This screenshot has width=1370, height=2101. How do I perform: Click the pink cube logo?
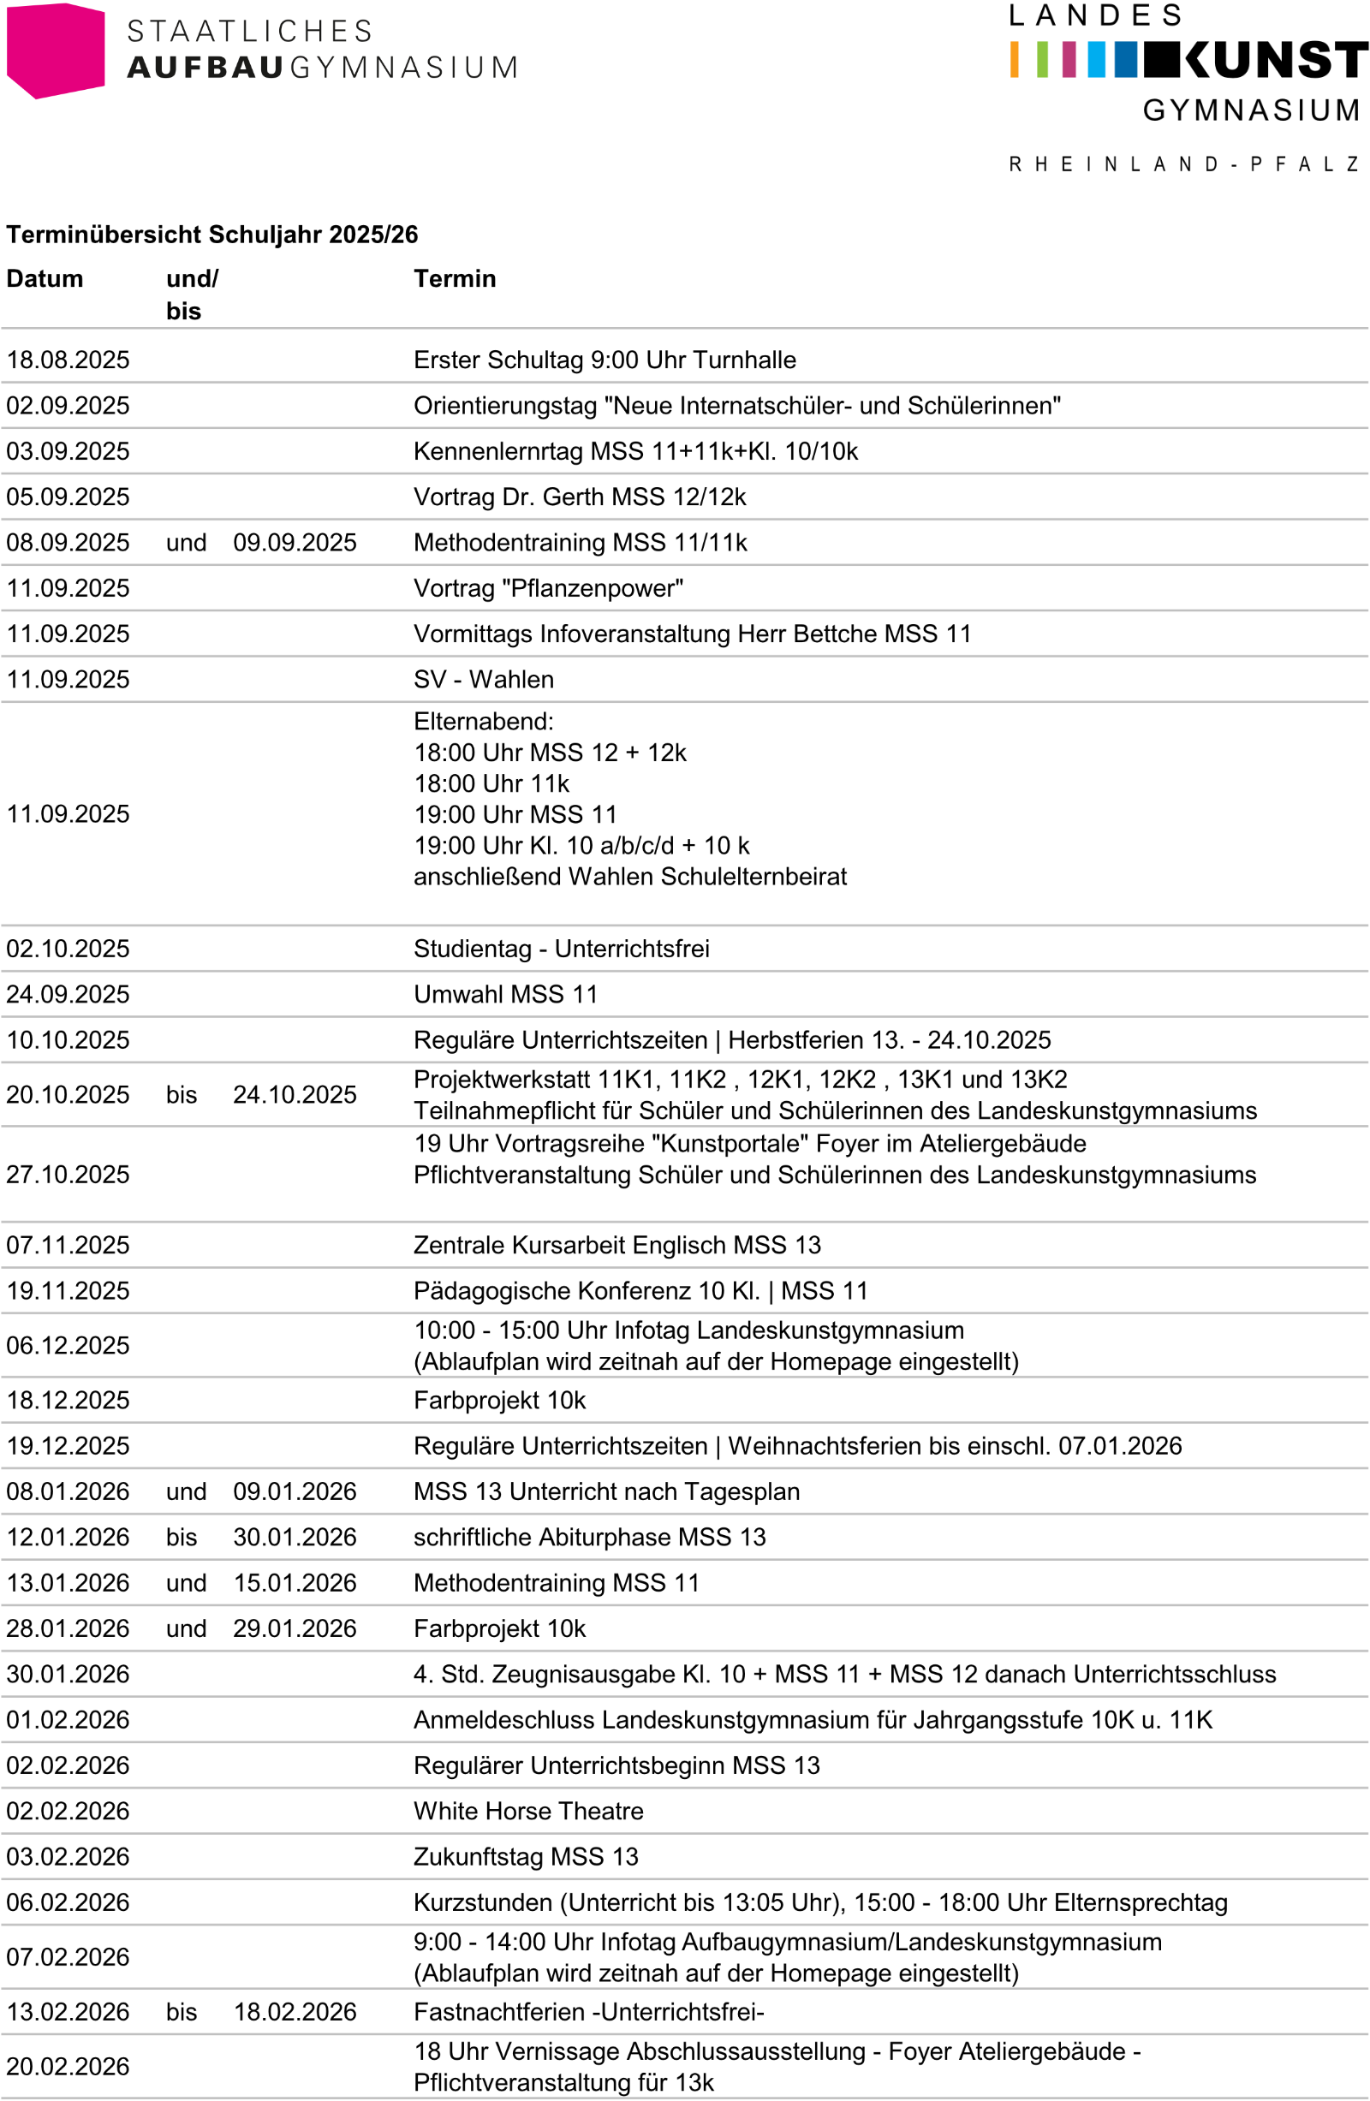55,51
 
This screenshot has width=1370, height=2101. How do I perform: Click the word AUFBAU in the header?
205,68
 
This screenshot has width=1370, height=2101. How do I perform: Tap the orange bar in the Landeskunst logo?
1015,59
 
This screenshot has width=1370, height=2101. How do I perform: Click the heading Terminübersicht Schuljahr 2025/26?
211,234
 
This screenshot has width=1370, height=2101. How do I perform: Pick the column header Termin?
455,278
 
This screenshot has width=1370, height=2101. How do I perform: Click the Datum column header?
45,278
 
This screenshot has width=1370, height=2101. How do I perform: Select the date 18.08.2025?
68,360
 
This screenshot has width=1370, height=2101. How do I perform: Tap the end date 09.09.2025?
295,542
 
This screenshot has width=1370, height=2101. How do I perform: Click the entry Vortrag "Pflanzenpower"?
548,588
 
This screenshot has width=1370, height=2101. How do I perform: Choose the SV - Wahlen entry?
484,679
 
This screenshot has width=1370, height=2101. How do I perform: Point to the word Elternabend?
483,721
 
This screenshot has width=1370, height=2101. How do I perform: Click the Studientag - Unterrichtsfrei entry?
562,948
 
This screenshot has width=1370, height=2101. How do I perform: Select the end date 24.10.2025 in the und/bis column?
295,1095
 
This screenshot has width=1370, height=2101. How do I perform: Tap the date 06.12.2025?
68,1345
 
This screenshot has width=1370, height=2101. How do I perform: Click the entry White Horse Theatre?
529,1811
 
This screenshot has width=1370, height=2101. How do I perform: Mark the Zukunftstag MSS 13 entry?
526,1856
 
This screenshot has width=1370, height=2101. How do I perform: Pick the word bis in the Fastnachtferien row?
181,2012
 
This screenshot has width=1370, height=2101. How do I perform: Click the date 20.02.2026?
68,2067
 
